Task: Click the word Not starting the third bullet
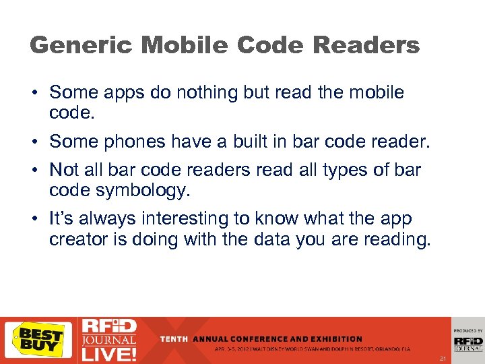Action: click(65, 170)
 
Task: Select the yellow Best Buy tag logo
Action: click(38, 340)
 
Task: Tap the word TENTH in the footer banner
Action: click(174, 339)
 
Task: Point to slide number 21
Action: click(443, 358)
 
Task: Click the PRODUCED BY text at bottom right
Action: click(468, 331)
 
